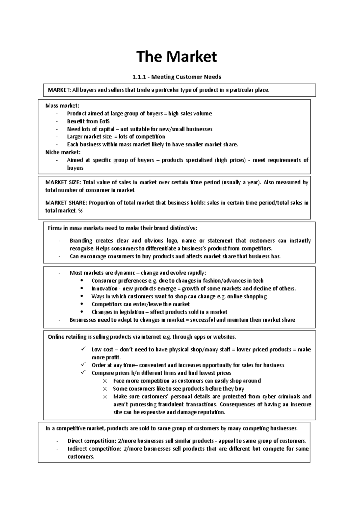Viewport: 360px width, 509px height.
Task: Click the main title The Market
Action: pos(176,56)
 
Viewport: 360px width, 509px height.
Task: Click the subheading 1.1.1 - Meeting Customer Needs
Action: pos(176,77)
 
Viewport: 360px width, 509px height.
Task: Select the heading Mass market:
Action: pos(62,106)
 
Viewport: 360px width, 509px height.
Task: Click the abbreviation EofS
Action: pos(104,121)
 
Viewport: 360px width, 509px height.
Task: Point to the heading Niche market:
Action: pos(63,152)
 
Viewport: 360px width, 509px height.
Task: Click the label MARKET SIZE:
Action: pos(63,182)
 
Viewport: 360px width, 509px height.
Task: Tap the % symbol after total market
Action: pos(80,211)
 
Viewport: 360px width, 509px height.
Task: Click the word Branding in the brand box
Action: pos(81,241)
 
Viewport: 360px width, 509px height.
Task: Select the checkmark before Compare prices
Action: pos(83,373)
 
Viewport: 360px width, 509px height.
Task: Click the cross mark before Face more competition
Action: pos(105,381)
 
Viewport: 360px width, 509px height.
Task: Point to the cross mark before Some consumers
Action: pos(105,389)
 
